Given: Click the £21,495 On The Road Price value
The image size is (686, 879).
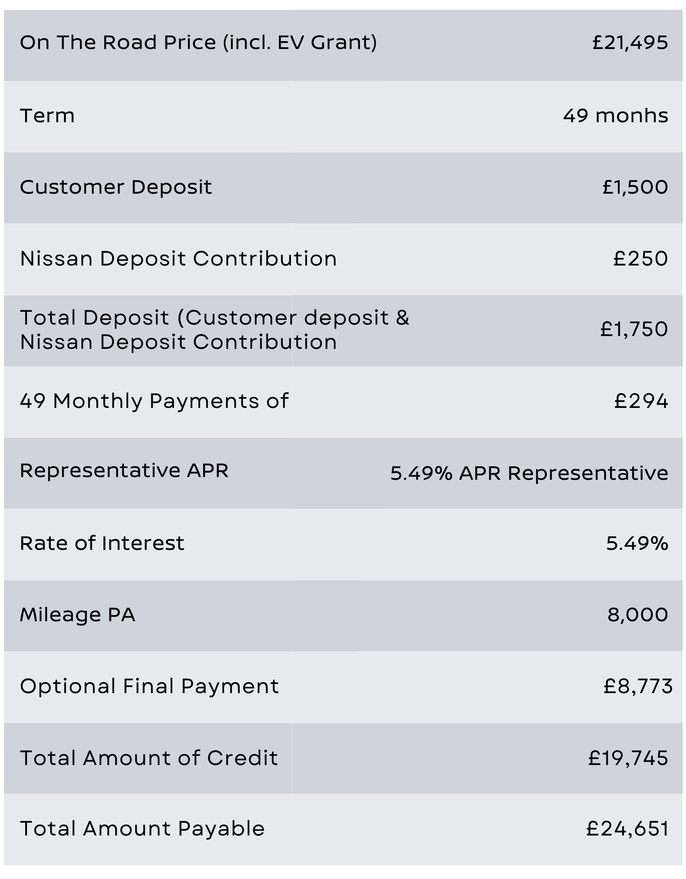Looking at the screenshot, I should [630, 43].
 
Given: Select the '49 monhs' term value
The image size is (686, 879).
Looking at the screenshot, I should [615, 115].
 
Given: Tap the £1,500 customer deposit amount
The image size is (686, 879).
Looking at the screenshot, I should [635, 187].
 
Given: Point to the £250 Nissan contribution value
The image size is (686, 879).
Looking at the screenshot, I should [640, 259].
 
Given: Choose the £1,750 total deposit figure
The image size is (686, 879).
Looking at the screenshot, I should [634, 329].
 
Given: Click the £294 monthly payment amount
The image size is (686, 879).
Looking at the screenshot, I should [641, 401].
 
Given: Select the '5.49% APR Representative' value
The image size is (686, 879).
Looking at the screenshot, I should [529, 473].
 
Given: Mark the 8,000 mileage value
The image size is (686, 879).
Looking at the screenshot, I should [638, 614].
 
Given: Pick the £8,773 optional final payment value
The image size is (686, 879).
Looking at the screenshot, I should [638, 686].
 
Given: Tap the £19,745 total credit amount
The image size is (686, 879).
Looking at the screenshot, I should [628, 758].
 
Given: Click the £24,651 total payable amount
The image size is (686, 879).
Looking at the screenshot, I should [627, 829].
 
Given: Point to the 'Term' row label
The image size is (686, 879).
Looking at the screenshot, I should [47, 115].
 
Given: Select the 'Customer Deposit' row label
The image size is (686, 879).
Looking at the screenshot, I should [116, 187].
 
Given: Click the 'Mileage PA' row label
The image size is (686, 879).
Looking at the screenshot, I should [77, 614].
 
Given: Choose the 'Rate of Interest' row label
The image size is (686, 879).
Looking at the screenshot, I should [102, 543].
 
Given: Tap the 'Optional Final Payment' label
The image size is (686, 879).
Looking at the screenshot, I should [149, 686].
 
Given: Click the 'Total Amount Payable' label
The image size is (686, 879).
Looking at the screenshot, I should [142, 829].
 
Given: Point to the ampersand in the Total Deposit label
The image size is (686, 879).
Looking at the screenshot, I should [402, 318].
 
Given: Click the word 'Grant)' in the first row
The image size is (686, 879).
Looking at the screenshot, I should [344, 43].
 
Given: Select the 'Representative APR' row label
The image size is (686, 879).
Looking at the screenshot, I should [124, 471].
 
